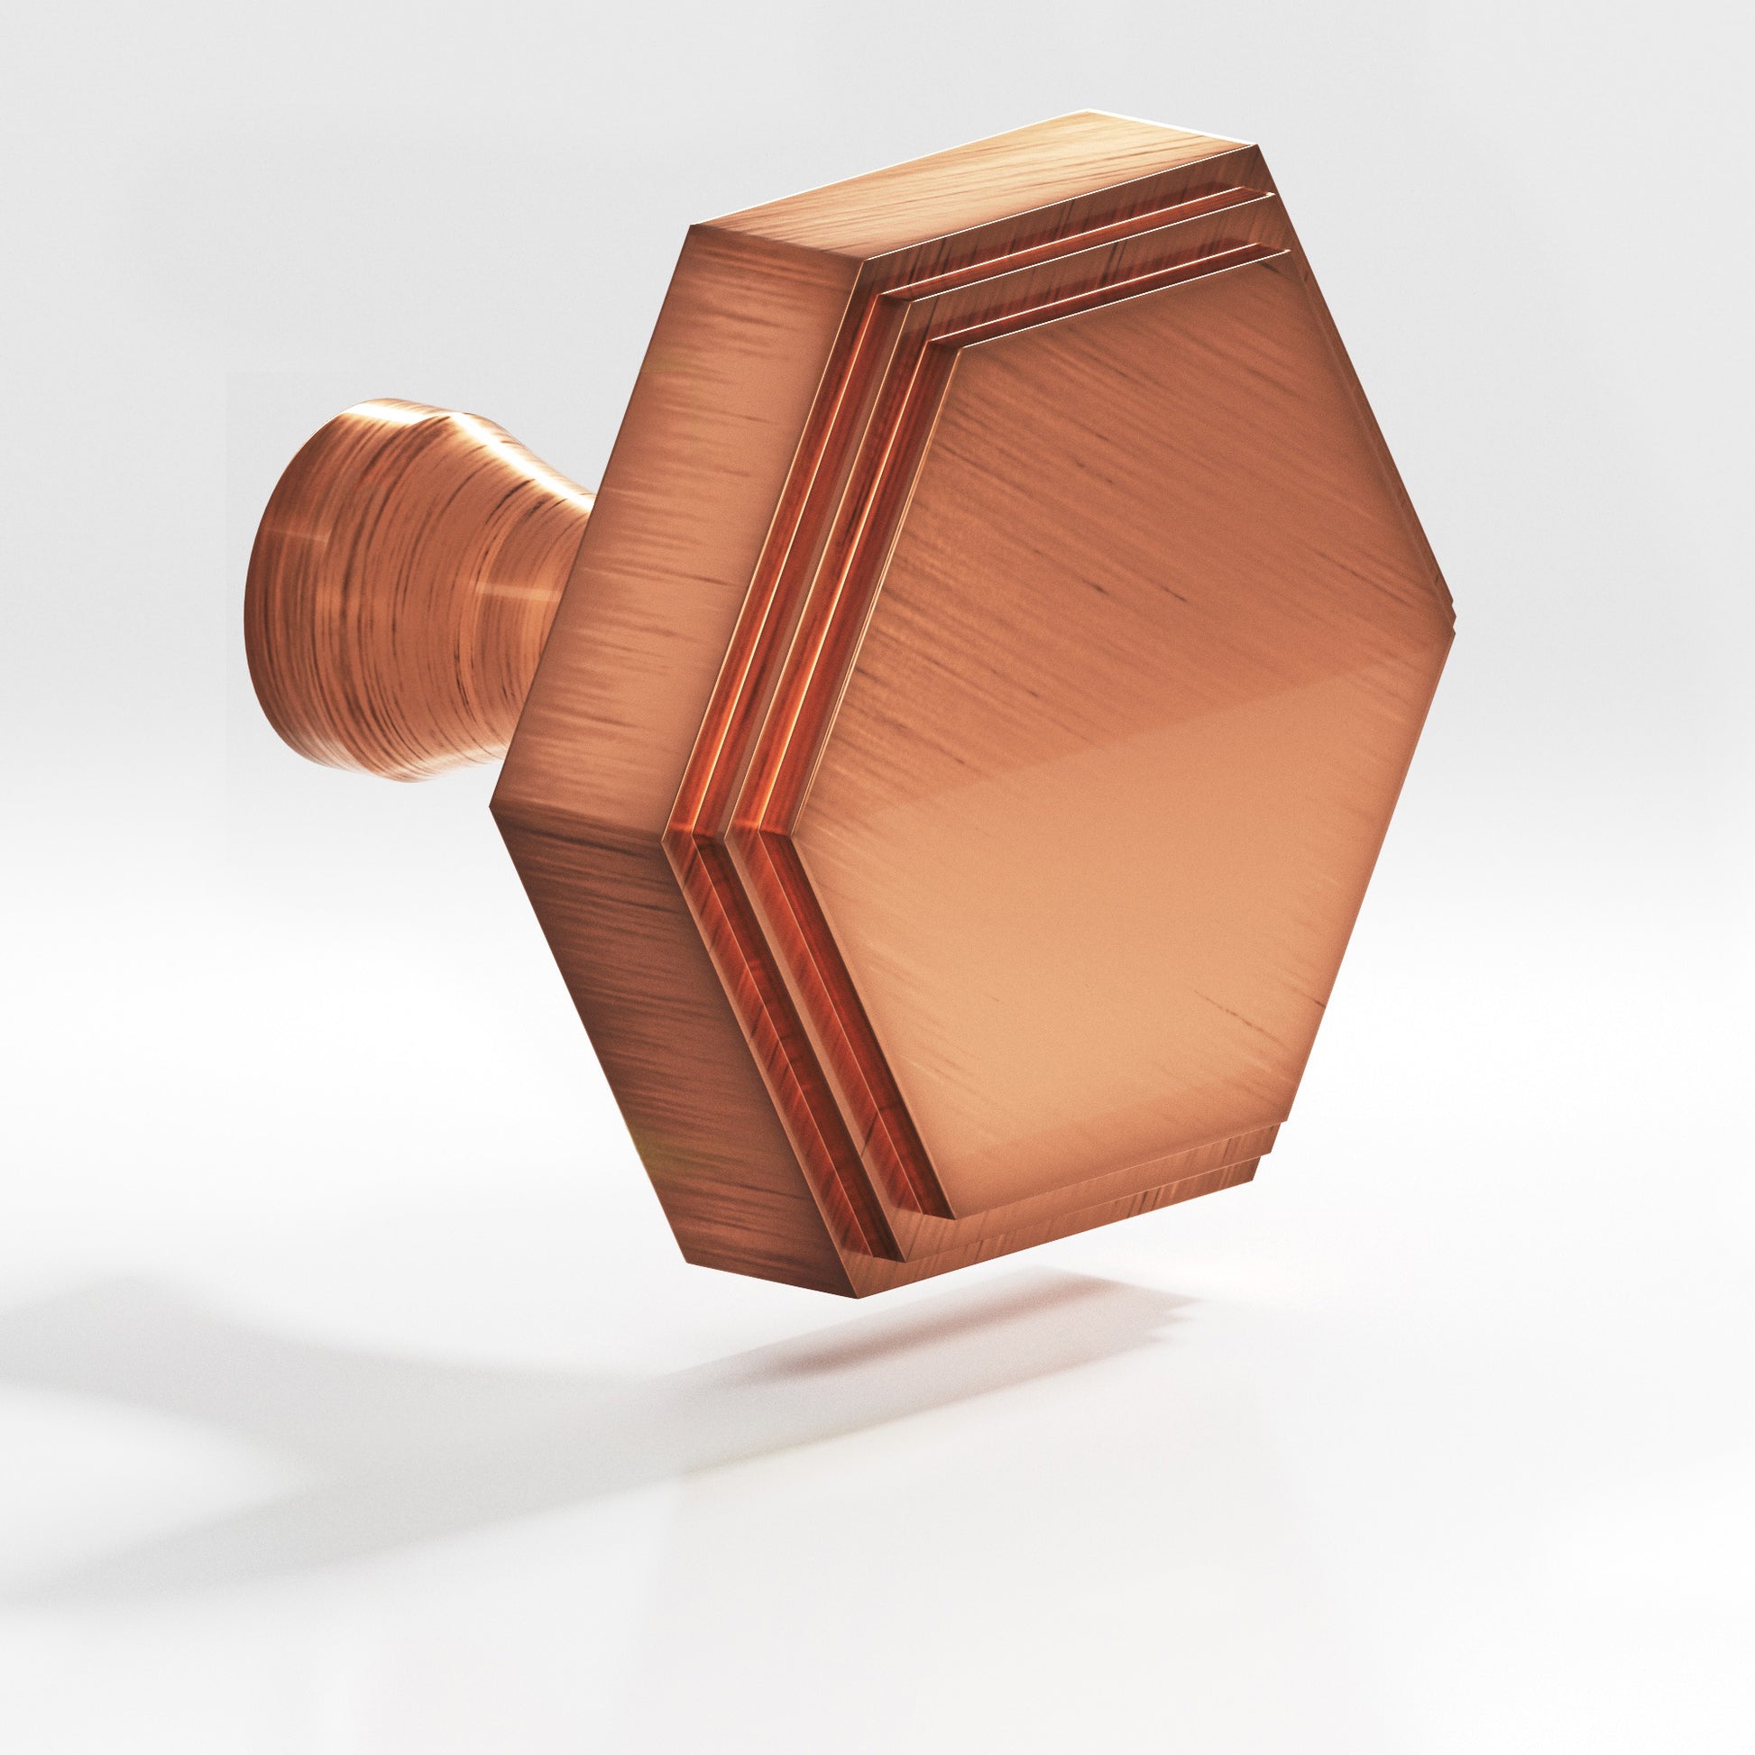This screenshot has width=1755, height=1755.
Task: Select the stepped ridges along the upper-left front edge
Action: click(x=818, y=545)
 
